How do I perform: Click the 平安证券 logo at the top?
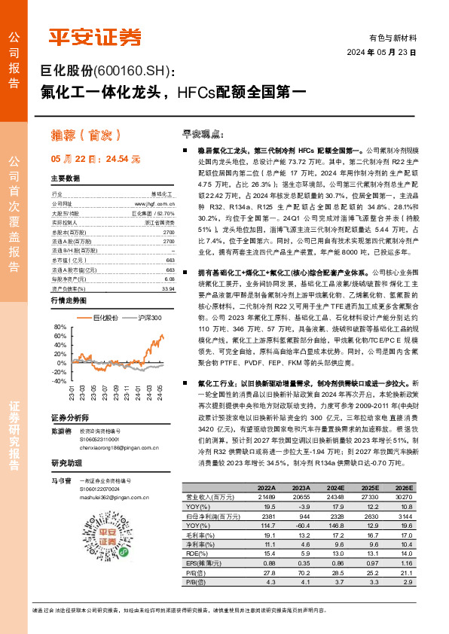pyautogui.click(x=95, y=35)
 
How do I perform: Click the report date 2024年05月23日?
pyautogui.click(x=380, y=53)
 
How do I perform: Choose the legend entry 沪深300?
pyautogui.click(x=148, y=319)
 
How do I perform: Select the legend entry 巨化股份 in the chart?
pyautogui.click(x=104, y=319)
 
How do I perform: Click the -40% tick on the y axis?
pyautogui.click(x=60, y=381)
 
